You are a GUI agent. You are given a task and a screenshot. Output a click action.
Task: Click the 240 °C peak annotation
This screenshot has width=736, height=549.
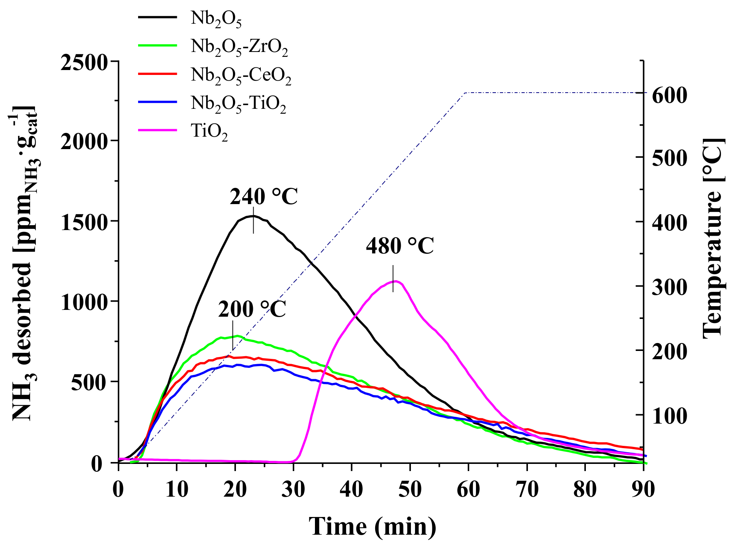(263, 197)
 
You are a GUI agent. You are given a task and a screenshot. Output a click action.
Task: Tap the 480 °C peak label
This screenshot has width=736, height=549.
(400, 247)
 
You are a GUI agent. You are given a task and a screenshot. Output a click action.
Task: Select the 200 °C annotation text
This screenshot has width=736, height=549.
(252, 310)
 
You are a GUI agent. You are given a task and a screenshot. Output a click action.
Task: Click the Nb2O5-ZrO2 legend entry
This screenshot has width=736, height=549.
(239, 47)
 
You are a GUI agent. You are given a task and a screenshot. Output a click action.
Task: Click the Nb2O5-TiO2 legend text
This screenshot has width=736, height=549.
(238, 104)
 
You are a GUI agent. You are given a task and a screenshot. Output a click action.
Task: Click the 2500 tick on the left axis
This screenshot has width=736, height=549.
(85, 62)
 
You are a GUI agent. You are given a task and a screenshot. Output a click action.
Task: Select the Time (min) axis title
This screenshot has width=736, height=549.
(373, 526)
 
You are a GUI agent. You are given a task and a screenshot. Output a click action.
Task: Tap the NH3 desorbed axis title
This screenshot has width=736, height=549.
(24, 264)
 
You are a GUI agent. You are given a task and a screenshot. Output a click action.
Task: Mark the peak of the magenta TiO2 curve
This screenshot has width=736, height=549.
(395, 281)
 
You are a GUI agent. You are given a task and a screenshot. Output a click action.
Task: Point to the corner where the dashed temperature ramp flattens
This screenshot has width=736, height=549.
(465, 93)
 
